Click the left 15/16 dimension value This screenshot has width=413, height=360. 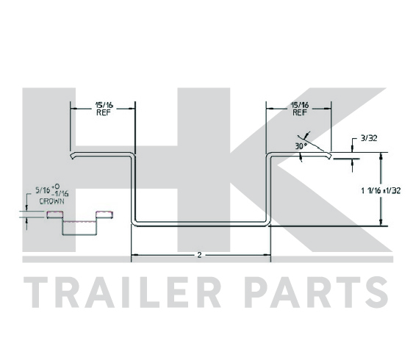tap(104, 105)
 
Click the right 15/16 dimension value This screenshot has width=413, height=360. tap(300, 105)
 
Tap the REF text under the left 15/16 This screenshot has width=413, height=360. tap(104, 112)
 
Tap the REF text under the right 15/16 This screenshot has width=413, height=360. tap(300, 112)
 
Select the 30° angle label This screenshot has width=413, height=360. tap(301, 146)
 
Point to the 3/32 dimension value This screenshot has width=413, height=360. tap(369, 138)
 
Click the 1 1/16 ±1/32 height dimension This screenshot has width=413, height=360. tap(381, 190)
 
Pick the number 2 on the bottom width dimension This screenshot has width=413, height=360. tap(199, 255)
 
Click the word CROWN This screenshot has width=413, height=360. tap(51, 201)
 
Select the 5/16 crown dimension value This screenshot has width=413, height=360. tap(43, 190)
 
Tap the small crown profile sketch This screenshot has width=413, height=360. tap(80, 223)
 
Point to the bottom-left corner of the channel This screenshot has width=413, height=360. tap(133, 224)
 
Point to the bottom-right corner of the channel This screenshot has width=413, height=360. tap(268, 224)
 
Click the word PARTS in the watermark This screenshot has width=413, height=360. tap(316, 292)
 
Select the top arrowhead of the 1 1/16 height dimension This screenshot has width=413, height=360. tap(381, 156)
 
